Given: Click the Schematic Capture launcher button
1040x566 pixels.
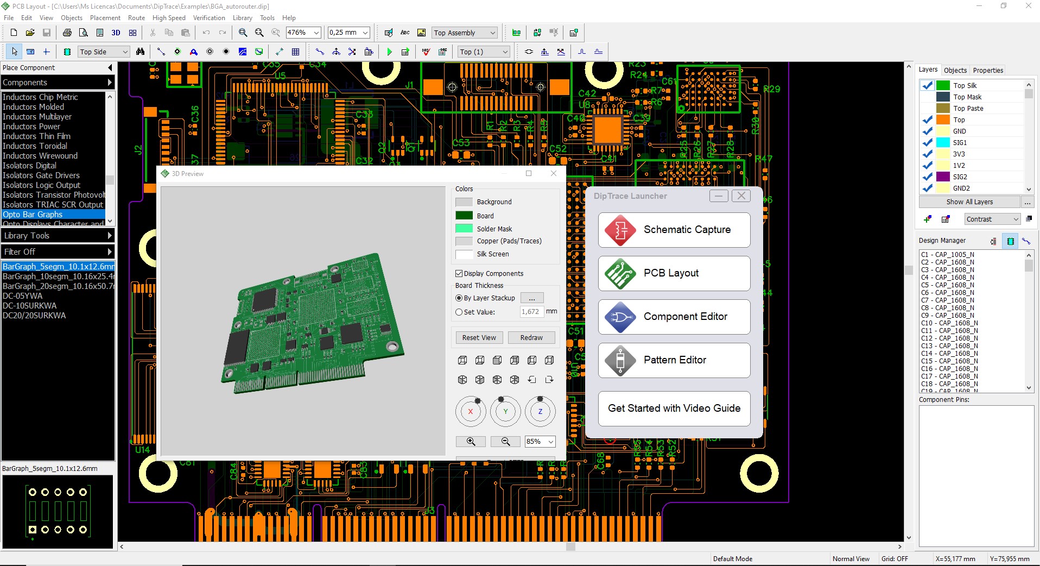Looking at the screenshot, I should tap(674, 230).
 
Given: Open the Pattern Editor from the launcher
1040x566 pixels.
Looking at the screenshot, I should tap(674, 360).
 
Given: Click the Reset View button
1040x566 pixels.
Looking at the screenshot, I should tap(479, 337).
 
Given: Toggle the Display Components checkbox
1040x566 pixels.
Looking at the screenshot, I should tap(459, 274).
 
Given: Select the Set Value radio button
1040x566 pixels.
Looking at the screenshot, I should tap(459, 312).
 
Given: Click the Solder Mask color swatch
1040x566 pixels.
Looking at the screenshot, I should tap(464, 229).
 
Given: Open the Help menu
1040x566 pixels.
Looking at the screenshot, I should tap(289, 18).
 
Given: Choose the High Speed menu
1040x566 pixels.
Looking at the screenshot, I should tap(169, 18).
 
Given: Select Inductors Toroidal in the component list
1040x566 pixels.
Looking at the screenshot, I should tap(35, 146).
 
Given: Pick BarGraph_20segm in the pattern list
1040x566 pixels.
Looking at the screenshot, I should tap(58, 286).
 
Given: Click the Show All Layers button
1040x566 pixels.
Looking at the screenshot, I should tap(969, 202).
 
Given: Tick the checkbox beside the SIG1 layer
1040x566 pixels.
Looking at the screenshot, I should tap(928, 143).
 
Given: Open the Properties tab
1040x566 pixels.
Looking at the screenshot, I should tap(988, 71).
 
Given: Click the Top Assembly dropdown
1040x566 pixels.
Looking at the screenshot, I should tap(465, 33).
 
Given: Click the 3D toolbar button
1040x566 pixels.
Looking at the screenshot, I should tap(116, 33).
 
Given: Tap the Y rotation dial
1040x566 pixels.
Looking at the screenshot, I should tap(505, 412).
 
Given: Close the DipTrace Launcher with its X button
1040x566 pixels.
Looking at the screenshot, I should tap(741, 196).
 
